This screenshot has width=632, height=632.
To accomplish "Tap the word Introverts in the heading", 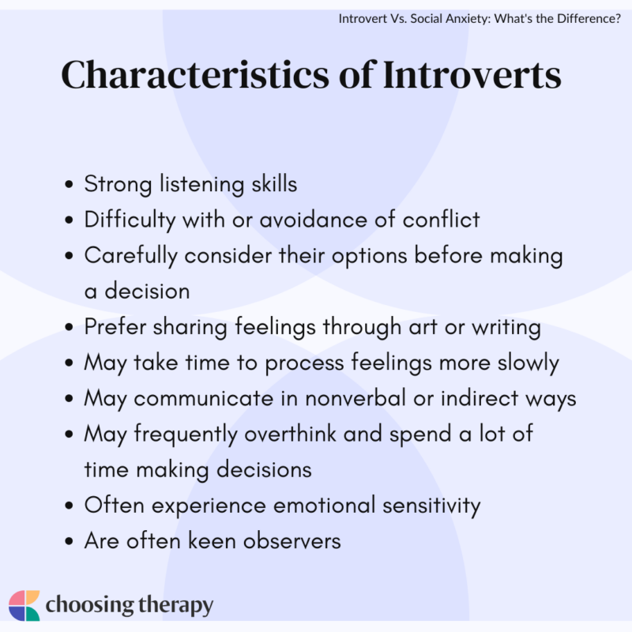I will [472, 76].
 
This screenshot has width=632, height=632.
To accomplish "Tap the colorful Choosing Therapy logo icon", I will [24, 605].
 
